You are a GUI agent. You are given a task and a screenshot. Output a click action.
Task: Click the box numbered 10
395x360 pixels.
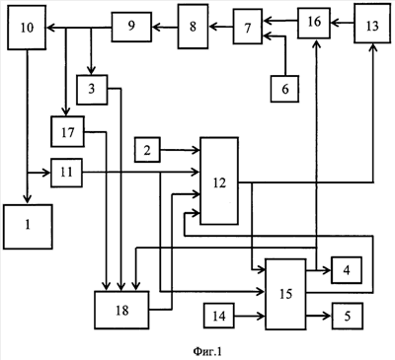coord(27,28)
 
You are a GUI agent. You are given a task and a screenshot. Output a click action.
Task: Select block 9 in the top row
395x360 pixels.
coord(131,27)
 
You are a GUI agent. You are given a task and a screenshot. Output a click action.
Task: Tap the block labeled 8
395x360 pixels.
coord(193,27)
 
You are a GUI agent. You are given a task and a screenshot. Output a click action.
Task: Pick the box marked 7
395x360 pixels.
coord(248,27)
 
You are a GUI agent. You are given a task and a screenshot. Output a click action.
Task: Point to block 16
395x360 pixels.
coord(314,23)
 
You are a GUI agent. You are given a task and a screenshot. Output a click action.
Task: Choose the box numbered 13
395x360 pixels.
coord(372,24)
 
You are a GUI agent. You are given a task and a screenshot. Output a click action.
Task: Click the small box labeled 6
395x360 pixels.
coord(284,89)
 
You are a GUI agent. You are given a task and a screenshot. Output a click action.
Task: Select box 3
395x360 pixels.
coord(92,90)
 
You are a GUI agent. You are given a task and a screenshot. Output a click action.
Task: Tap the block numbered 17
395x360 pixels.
coord(67,131)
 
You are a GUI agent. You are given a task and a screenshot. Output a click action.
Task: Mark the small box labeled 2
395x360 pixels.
coord(147,150)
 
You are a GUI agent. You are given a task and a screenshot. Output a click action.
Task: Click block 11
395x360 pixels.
coord(66,173)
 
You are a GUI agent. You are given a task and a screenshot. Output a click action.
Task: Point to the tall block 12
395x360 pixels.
coord(219,181)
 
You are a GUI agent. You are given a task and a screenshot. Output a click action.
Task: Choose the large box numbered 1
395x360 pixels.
coord(28,227)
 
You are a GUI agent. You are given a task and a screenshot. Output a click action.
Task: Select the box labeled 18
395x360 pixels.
coord(121,310)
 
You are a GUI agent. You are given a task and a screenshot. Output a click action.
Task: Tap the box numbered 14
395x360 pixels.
coord(219,316)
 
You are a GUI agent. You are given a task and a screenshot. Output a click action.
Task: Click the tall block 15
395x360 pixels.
coord(285,294)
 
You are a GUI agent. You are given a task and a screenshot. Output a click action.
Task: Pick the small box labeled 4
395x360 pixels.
coord(347,270)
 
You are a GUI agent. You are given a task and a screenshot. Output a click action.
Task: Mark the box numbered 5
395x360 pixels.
coord(348,316)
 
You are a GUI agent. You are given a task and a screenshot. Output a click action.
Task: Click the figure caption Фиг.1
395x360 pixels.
coord(207,351)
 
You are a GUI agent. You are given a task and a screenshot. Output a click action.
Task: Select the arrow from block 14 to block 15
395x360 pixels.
coord(250,317)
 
